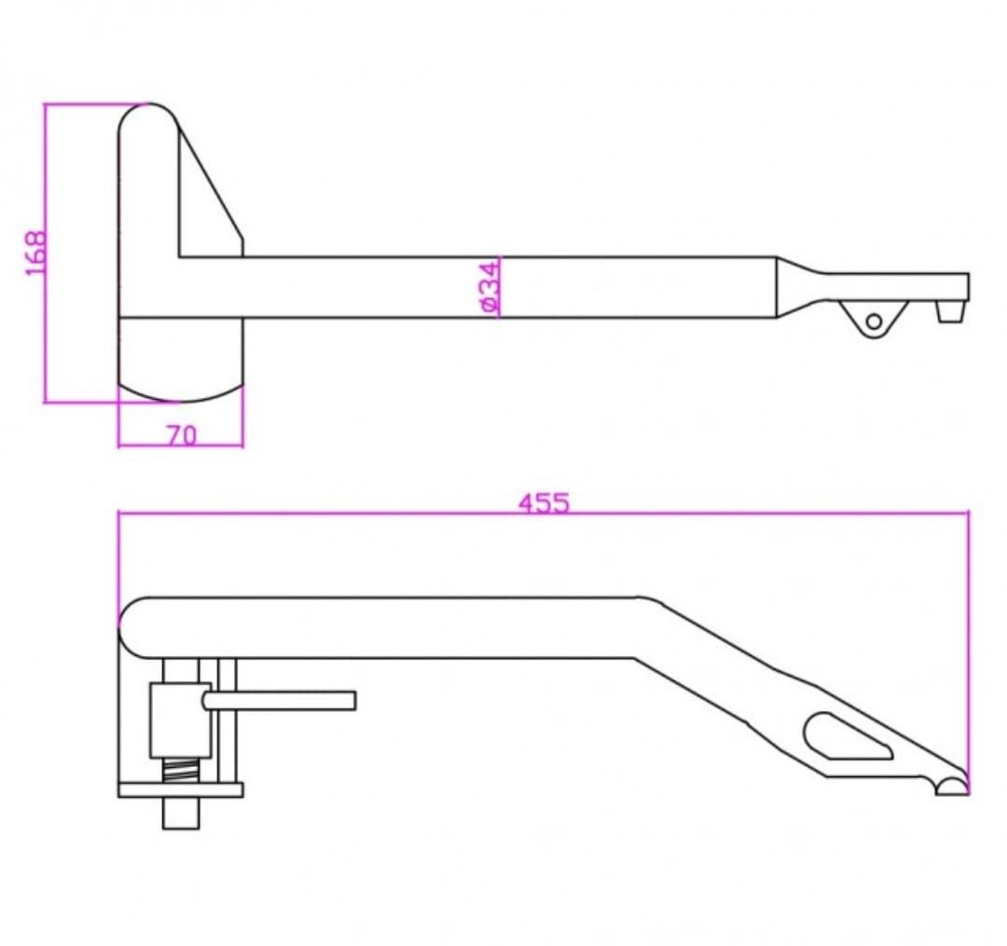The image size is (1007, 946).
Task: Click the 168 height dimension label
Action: pyautogui.click(x=36, y=253)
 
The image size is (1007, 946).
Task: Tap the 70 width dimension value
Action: pyautogui.click(x=182, y=436)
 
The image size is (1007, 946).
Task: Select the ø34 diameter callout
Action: pyautogui.click(x=489, y=286)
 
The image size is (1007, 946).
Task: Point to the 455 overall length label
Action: pyautogui.click(x=544, y=503)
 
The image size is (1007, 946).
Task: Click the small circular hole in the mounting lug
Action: pyautogui.click(x=874, y=321)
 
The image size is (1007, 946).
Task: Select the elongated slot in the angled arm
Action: pyautogui.click(x=847, y=735)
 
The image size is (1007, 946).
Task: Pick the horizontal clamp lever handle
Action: pyautogui.click(x=280, y=701)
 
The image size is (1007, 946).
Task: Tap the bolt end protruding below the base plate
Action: pyautogui.click(x=181, y=813)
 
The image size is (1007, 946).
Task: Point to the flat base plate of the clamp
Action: pyautogui.click(x=181, y=790)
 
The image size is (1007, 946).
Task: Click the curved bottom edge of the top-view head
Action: pyautogui.click(x=181, y=395)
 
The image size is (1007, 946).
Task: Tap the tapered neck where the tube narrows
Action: pyautogui.click(x=801, y=287)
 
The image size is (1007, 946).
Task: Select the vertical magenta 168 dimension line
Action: pyautogui.click(x=46, y=253)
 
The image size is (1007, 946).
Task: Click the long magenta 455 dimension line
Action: pyautogui.click(x=544, y=513)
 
